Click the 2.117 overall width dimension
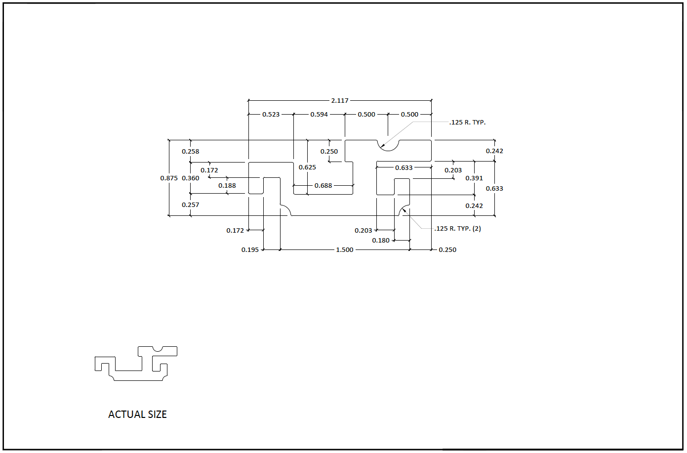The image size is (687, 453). pos(340,100)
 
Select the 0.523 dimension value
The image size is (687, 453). pos(271,114)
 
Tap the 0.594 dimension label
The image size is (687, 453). pos(319,114)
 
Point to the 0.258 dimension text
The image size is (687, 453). pos(190,151)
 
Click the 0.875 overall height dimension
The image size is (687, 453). pos(169,178)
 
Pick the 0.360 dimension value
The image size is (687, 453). pos(191,178)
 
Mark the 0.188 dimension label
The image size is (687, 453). pos(227,185)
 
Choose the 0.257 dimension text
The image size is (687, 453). pos(190,205)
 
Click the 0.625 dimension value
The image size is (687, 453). pos(307,167)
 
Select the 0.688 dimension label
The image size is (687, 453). pos(323,185)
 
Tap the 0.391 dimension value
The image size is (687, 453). pos(474,178)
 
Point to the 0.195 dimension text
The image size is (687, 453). pos(250,249)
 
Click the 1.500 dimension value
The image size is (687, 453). pos(345,249)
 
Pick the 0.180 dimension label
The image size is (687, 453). pos(381,240)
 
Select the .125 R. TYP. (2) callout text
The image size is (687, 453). pos(458,228)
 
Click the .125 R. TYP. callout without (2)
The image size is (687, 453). pos(468,122)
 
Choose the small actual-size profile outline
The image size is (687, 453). pos(136,364)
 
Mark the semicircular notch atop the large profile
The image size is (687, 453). pos(388,145)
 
